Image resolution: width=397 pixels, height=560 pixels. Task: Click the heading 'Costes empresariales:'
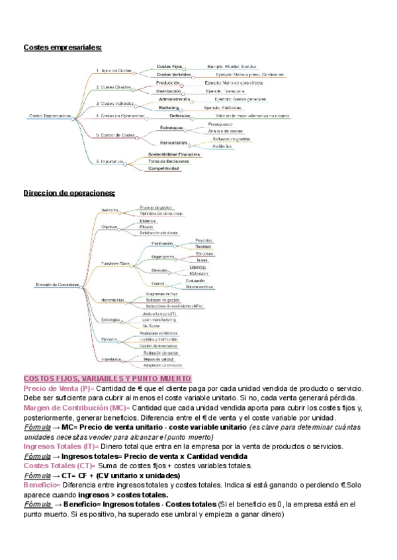[63, 48]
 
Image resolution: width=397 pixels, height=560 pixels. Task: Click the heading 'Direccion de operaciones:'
[69, 193]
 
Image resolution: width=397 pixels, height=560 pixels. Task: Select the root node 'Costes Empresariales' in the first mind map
[50, 116]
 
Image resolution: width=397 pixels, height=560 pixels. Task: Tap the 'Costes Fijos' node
[169, 67]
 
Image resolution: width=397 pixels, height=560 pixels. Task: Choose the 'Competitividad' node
[163, 168]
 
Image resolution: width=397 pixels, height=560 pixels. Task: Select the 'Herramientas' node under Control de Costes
[174, 143]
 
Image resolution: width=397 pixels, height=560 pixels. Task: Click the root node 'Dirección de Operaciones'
[58, 285]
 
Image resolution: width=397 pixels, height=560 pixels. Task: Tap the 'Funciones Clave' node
[115, 263]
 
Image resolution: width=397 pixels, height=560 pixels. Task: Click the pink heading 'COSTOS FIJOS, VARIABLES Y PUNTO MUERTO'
[107, 378]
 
